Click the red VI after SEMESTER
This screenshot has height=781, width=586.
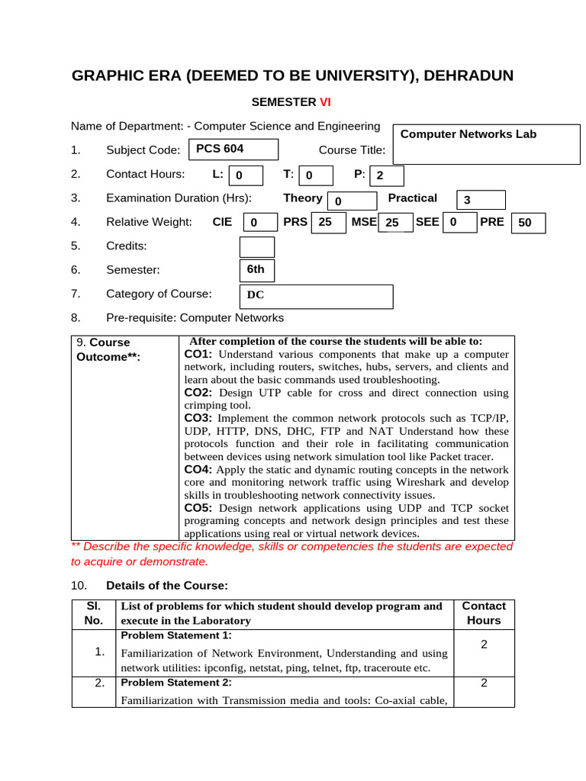(325, 101)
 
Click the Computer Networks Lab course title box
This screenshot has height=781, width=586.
(486, 143)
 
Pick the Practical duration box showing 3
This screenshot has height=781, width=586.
(481, 200)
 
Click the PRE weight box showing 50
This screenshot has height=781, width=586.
(528, 223)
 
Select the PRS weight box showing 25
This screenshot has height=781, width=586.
(328, 222)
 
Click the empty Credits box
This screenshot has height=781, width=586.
(256, 247)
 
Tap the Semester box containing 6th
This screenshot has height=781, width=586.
(256, 270)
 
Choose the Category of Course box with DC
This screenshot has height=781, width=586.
(317, 296)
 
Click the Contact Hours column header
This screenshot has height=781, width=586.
(484, 613)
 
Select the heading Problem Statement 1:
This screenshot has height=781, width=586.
(176, 635)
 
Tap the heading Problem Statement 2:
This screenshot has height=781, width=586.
(176, 682)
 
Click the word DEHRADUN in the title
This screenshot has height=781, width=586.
(468, 76)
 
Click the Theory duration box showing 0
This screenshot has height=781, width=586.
(352, 201)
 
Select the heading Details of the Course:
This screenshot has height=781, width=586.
(167, 585)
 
